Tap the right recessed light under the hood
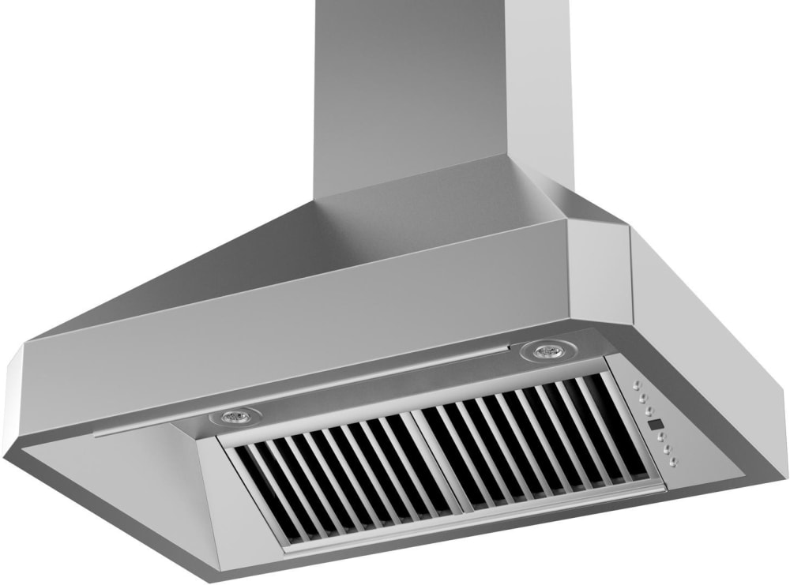pos(544,351)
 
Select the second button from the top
pos(643,398)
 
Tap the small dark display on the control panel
pos(656,424)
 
